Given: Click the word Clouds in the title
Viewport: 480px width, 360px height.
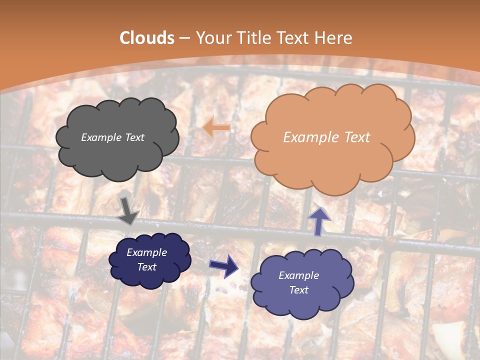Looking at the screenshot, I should click(147, 38).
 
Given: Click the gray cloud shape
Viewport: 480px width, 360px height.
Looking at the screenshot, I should click(117, 155).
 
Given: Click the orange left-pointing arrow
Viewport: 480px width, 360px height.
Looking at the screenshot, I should click(216, 128).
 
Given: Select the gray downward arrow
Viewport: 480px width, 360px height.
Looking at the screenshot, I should click(128, 210).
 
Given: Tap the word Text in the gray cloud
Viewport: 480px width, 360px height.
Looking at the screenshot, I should click(134, 137).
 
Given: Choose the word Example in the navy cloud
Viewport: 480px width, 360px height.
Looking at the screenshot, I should click(146, 252).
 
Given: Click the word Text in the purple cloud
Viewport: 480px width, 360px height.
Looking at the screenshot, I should click(298, 290).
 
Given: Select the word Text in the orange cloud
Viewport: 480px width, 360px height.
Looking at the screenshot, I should click(356, 137).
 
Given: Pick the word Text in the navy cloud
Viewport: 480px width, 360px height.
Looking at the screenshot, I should click(146, 267).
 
